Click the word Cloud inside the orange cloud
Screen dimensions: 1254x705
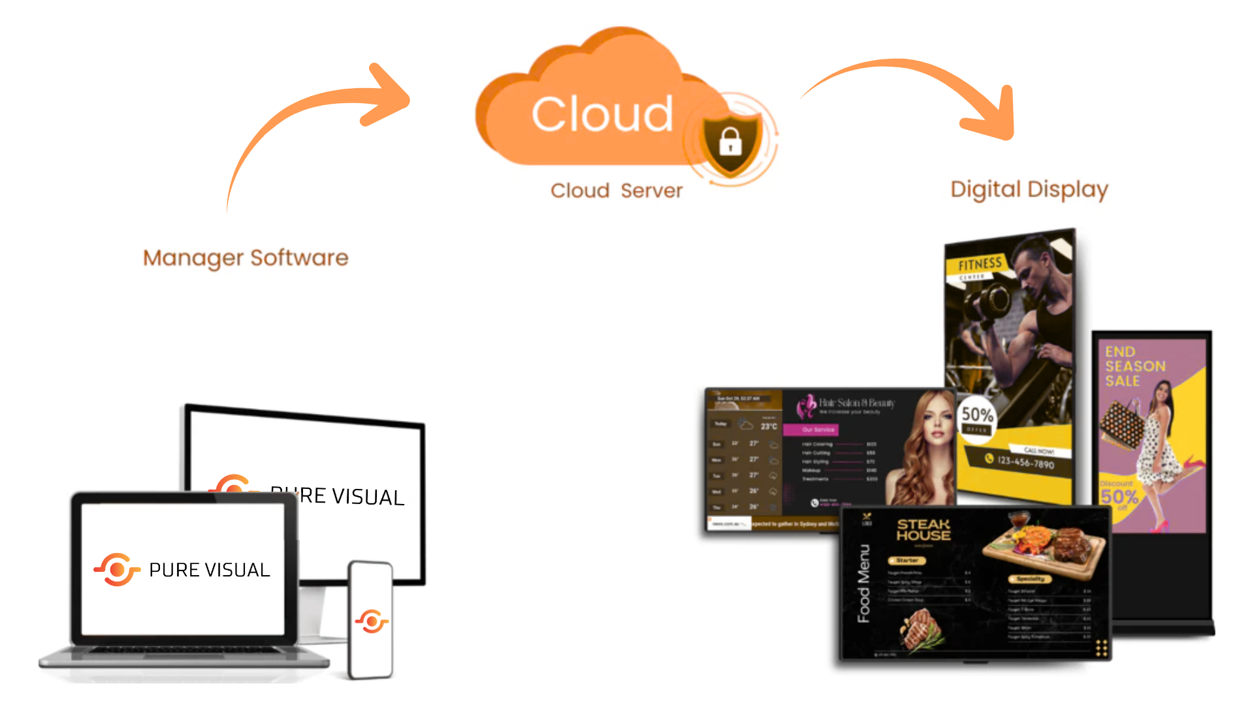tap(602, 114)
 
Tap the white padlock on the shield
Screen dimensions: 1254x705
tap(730, 141)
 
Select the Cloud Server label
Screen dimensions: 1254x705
tap(616, 191)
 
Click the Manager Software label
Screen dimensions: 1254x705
tap(246, 258)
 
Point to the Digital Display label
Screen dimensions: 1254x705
tap(1029, 189)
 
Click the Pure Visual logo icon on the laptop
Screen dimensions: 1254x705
tap(117, 570)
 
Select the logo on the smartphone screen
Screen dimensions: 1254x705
tap(372, 621)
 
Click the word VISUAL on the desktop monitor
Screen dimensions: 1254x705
tap(368, 497)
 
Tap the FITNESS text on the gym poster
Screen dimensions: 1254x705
tap(980, 264)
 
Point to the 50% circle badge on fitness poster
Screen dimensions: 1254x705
tap(977, 417)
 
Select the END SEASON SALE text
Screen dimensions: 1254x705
tap(1134, 366)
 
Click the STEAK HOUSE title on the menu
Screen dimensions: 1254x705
tap(924, 529)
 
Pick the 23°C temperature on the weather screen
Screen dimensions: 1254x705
tap(769, 426)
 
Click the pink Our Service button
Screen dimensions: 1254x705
tap(818, 430)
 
